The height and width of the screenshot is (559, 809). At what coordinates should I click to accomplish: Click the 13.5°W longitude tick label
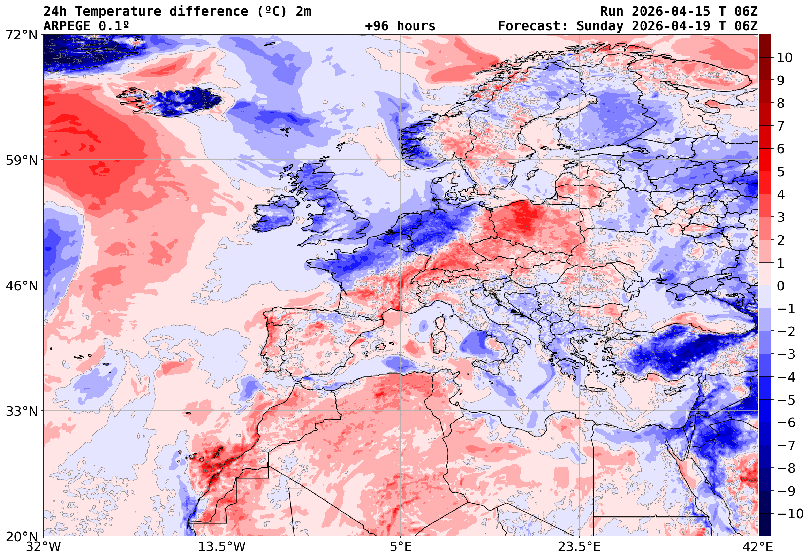tap(222, 547)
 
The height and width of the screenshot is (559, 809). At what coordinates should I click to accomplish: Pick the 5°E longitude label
tap(400, 547)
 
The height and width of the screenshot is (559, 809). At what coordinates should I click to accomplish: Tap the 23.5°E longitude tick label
tap(579, 547)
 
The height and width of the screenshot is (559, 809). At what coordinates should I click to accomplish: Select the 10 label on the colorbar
tap(785, 58)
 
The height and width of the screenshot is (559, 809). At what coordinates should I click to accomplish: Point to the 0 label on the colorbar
tap(781, 286)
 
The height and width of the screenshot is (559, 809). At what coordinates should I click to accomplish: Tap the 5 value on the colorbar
tap(781, 172)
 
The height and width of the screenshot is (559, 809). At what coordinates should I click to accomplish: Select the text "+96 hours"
tap(400, 26)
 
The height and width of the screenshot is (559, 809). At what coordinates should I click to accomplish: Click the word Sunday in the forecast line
tap(600, 26)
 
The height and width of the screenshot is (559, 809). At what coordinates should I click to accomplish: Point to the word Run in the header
tap(612, 12)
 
